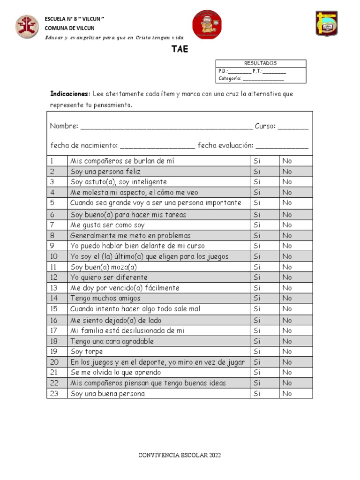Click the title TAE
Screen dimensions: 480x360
(x=180, y=49)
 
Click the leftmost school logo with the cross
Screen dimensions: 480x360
(x=27, y=26)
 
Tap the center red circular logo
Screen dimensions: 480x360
(x=207, y=24)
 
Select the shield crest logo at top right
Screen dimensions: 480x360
(x=326, y=23)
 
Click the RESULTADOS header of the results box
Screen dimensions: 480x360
(x=260, y=63)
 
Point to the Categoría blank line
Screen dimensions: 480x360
(x=263, y=79)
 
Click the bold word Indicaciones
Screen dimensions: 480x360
(x=70, y=94)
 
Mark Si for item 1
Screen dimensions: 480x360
(x=257, y=161)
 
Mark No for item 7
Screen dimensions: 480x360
(x=287, y=225)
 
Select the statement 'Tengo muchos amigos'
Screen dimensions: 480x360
(x=105, y=298)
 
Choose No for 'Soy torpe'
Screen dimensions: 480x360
(x=287, y=352)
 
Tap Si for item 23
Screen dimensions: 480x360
(x=257, y=393)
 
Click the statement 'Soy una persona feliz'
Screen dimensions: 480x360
(x=105, y=172)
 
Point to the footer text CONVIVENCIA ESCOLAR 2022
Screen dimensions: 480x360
(x=180, y=455)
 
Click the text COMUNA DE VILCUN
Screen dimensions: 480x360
(x=69, y=28)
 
